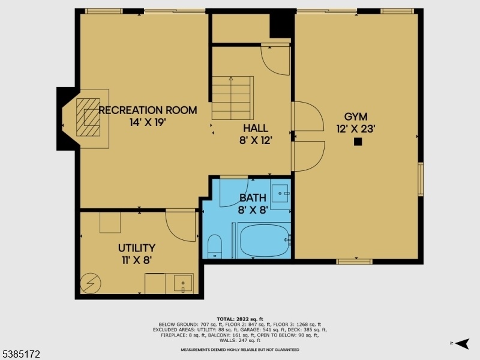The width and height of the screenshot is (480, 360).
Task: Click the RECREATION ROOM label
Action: pyautogui.click(x=148, y=110)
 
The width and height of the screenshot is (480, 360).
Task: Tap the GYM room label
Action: pyautogui.click(x=356, y=116)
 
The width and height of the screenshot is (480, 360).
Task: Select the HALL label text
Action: pyautogui.click(x=256, y=128)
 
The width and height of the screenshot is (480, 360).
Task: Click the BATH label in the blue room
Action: pyautogui.click(x=253, y=198)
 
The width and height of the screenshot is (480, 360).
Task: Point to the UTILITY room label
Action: pyautogui.click(x=137, y=248)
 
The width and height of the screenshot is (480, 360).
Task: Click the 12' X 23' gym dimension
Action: pyautogui.click(x=356, y=129)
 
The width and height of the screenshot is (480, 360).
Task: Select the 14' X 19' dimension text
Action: pyautogui.click(x=148, y=122)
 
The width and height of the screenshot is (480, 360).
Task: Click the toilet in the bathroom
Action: pyautogui.click(x=215, y=247)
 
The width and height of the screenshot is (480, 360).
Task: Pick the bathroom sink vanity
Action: pyautogui.click(x=280, y=194)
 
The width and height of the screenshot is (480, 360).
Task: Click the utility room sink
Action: pyautogui.click(x=183, y=283)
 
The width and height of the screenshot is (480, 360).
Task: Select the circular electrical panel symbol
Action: pyautogui.click(x=91, y=283)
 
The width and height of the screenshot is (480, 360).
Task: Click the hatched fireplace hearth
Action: pyautogui.click(x=88, y=117)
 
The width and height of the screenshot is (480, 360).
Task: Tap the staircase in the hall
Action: pyautogui.click(x=233, y=98)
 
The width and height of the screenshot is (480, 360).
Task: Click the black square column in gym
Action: pyautogui.click(x=358, y=142)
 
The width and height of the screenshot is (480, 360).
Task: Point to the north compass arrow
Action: pyautogui.click(x=462, y=343)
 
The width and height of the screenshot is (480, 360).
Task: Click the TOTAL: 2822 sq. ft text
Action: pyautogui.click(x=239, y=319)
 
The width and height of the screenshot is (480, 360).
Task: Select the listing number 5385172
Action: pyautogui.click(x=20, y=355)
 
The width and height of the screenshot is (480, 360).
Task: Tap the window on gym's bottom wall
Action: pyautogui.click(x=354, y=262)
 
